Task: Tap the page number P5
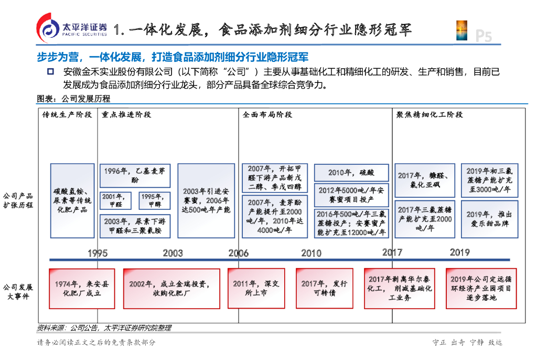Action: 483,36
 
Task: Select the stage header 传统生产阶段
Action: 67,114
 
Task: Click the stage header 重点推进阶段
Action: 126,114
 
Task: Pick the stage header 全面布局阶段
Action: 267,114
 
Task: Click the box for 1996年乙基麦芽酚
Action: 135,175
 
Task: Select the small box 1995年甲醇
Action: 155,200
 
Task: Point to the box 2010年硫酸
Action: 351,173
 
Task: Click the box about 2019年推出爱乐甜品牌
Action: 489,219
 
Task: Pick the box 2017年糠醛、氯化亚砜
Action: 425,180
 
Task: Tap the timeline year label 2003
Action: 173,253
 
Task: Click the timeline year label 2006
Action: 238,253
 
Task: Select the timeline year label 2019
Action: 459,252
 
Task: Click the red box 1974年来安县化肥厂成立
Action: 82,288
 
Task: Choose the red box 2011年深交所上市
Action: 256,288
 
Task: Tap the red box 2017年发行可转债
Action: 324,288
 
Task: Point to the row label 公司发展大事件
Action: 18,292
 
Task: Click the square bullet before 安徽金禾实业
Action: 51,72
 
